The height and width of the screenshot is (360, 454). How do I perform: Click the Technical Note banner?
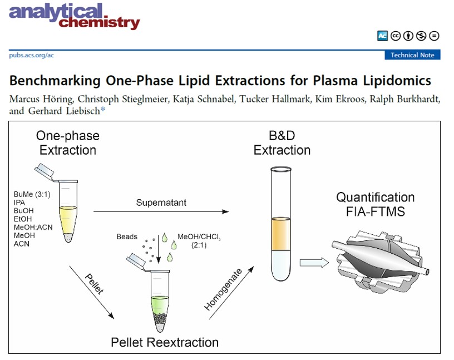click(412, 55)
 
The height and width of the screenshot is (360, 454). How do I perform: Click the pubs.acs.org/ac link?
click(31, 55)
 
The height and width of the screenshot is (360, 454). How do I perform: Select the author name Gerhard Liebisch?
click(63, 111)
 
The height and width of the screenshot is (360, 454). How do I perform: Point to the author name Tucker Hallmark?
click(274, 99)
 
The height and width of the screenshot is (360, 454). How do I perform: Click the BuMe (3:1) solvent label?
click(32, 194)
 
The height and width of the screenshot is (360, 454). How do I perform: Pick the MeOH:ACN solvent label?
click(33, 228)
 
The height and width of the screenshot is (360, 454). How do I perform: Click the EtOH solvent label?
click(23, 219)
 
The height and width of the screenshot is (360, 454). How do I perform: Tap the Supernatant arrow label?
click(161, 203)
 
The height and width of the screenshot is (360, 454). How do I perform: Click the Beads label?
click(127, 237)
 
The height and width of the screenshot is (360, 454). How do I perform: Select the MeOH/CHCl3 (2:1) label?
click(199, 241)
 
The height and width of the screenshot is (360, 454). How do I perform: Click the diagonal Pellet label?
click(94, 284)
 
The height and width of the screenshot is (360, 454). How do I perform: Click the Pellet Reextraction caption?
click(165, 342)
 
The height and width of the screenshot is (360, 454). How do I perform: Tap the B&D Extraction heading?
click(282, 143)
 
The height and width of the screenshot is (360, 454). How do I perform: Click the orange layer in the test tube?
click(281, 234)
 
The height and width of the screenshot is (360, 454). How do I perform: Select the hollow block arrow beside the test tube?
click(314, 263)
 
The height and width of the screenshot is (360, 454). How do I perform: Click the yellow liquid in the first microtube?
click(68, 220)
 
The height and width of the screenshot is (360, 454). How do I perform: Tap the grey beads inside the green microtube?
click(160, 319)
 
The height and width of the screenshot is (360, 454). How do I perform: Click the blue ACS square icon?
click(382, 36)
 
